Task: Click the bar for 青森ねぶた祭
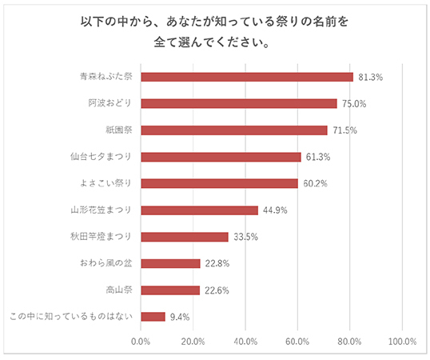246,77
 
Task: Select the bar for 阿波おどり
238,103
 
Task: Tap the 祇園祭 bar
233,130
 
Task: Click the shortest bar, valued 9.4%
153,317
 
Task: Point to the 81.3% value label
372,77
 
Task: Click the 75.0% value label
355,103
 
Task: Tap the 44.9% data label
277,210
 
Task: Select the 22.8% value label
218,263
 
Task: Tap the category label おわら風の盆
104,263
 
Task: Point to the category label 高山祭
119,290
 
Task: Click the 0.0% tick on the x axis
140,342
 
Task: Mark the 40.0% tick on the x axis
245,342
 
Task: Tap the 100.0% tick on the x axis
402,342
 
